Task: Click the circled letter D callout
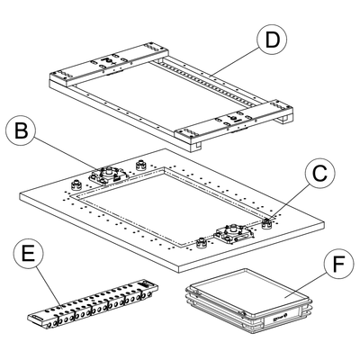(x=272, y=40)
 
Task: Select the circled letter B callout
(x=21, y=130)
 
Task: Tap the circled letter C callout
(x=319, y=173)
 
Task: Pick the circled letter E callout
(x=29, y=255)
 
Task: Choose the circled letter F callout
(x=339, y=264)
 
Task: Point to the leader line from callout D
(x=235, y=61)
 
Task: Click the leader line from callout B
(x=66, y=154)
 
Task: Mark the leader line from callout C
(x=289, y=201)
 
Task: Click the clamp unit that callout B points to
(x=109, y=177)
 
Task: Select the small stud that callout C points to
(x=266, y=223)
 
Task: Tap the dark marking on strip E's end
(x=145, y=283)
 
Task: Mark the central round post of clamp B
(x=108, y=172)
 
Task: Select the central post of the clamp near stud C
(x=233, y=229)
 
